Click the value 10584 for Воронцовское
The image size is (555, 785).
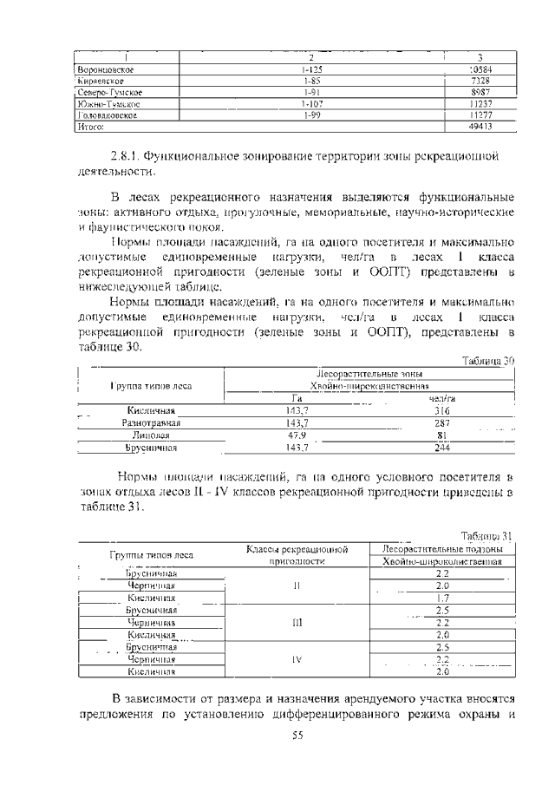[x=480, y=69]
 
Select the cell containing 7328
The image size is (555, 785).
[x=480, y=80]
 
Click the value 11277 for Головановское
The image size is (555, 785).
[x=480, y=114]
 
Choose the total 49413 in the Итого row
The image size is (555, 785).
[x=480, y=126]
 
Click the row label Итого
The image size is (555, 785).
[x=90, y=126]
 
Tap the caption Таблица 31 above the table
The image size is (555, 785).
[x=488, y=535]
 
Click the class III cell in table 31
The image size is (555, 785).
[x=297, y=622]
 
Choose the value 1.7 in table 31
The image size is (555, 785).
[x=442, y=598]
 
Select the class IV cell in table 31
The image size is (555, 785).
[x=297, y=658]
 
